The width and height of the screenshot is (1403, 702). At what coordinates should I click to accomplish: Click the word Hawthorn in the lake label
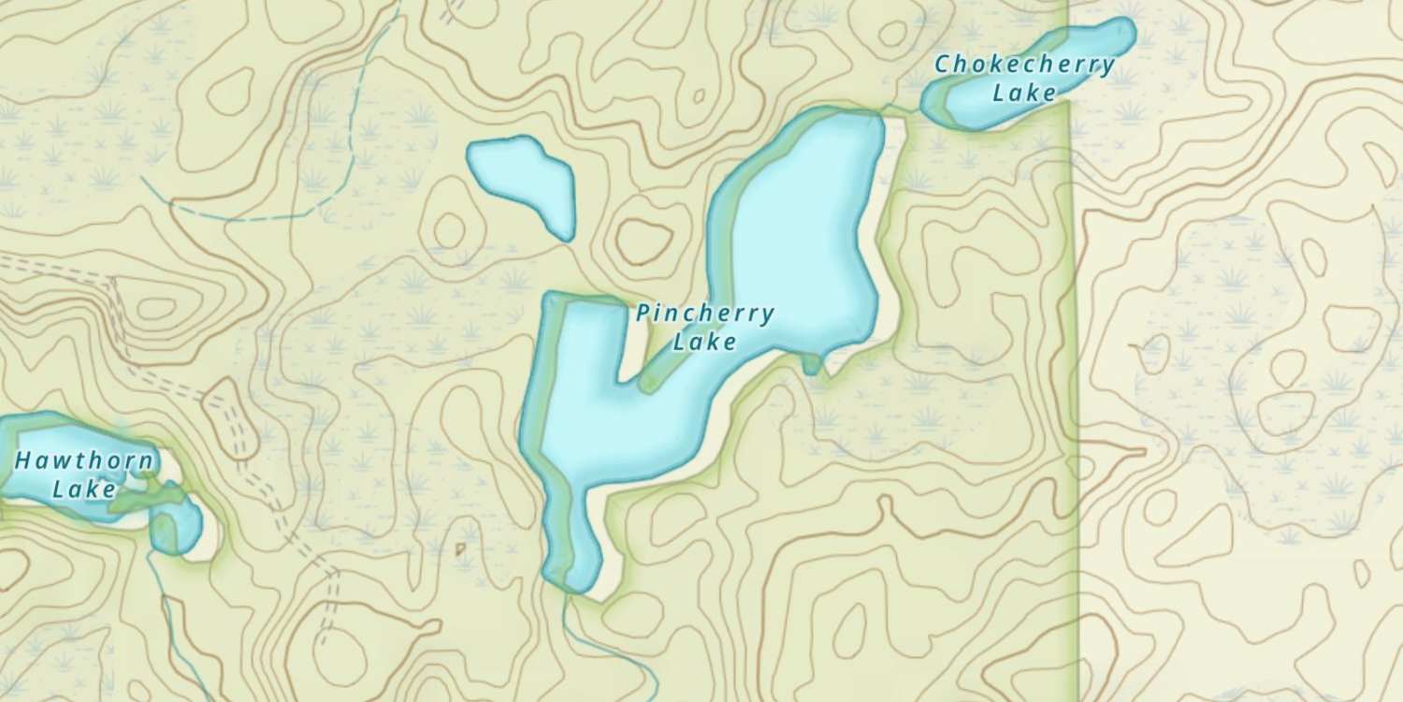[x=84, y=461]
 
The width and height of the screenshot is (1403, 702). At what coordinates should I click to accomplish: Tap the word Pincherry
[x=705, y=314]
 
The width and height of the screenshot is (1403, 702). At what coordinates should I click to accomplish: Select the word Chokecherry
[x=1025, y=65]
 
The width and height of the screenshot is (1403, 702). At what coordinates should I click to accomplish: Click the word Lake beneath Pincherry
[x=704, y=343]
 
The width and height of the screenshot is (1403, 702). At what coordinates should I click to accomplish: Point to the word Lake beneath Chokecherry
[x=1024, y=93]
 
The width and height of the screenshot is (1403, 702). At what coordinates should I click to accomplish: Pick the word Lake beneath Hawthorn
[x=84, y=489]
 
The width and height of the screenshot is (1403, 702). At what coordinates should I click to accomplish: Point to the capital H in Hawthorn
[x=23, y=461]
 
